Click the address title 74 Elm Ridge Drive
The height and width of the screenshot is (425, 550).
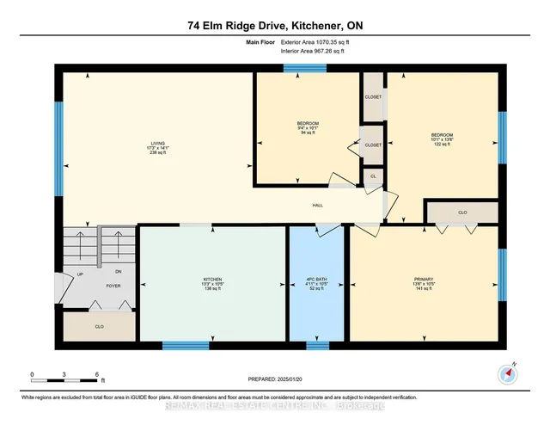point(275,26)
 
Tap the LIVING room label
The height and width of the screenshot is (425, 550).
point(156,144)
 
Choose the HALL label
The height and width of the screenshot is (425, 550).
point(317,206)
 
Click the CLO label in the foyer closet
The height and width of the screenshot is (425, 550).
point(99,328)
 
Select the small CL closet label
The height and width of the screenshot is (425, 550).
point(372,176)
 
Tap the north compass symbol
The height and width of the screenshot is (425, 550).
point(507,374)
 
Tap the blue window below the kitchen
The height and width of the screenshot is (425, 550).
point(186,346)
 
